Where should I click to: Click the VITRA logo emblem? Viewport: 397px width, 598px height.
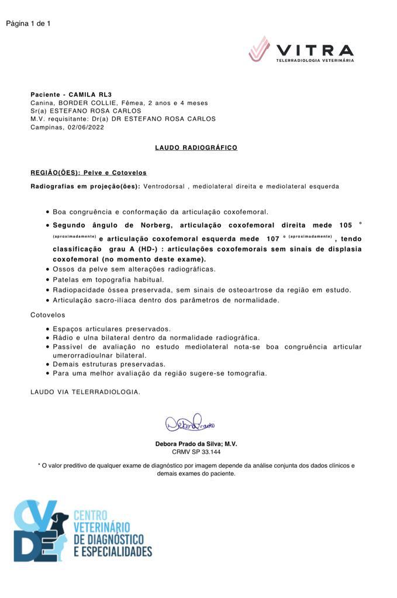pyautogui.click(x=259, y=48)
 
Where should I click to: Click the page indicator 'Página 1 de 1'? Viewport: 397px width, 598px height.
pyautogui.click(x=28, y=24)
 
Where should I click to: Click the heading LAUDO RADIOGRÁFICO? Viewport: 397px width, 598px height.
pyautogui.click(x=196, y=148)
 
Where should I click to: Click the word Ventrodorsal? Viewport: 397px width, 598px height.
pyautogui.click(x=162, y=186)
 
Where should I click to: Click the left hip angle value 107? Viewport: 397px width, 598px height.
pyautogui.click(x=272, y=239)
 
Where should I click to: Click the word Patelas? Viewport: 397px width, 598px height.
pyautogui.click(x=66, y=280)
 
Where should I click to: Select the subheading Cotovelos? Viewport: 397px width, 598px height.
pyautogui.click(x=48, y=315)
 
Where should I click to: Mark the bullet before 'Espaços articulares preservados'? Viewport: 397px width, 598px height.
pyautogui.click(x=47, y=329)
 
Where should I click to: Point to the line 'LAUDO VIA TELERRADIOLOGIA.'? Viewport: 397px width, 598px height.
pyautogui.click(x=85, y=392)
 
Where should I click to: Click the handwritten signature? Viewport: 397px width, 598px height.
pyautogui.click(x=190, y=422)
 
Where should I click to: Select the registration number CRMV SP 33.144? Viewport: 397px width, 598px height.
pyautogui.click(x=196, y=452)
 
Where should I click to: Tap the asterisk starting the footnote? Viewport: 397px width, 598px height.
pyautogui.click(x=39, y=465)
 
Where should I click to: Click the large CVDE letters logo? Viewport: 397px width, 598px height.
pyautogui.click(x=37, y=530)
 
